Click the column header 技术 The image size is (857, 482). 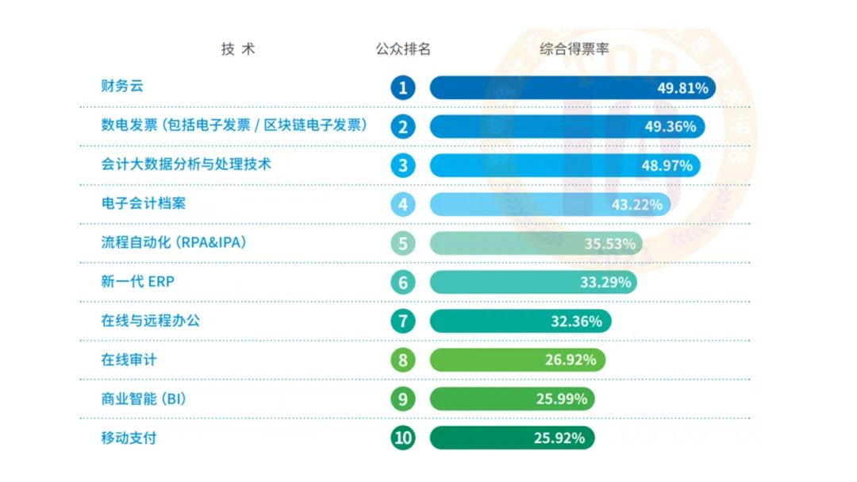[x=238, y=49]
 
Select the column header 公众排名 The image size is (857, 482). [x=403, y=49]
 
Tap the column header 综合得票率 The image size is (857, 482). [x=575, y=49]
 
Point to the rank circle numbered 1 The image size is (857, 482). [x=403, y=87]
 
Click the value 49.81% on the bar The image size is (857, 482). [x=682, y=88]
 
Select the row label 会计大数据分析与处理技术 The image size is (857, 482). [x=186, y=164]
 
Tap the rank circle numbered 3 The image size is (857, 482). [x=403, y=165]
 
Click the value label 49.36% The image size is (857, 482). [x=671, y=127]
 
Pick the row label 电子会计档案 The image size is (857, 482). [x=144, y=203]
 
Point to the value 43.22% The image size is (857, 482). [x=637, y=205]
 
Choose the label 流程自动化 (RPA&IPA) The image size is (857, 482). [x=174, y=242]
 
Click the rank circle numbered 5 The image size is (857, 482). [x=403, y=243]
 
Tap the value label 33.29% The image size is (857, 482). [x=605, y=283]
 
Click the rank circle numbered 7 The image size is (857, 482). [x=403, y=321]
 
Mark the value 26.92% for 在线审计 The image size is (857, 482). [x=571, y=361]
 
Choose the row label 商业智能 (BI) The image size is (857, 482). [x=144, y=399]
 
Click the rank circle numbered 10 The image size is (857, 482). [x=403, y=438]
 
